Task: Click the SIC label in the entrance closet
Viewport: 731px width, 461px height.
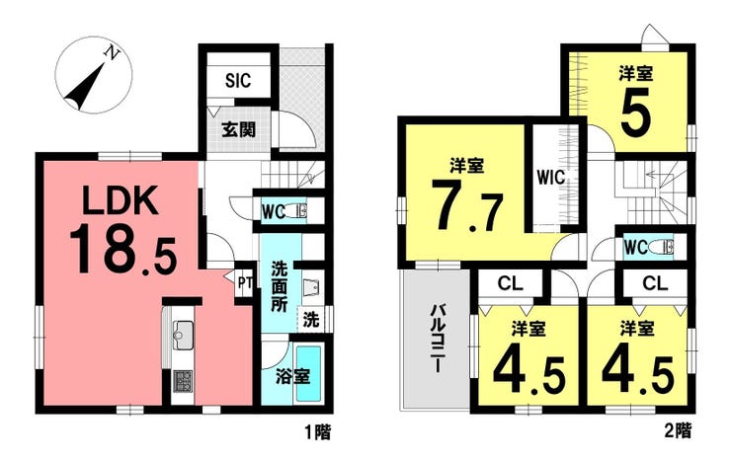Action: (238, 80)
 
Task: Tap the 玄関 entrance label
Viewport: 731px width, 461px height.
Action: (239, 129)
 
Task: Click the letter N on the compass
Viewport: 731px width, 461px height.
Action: (112, 52)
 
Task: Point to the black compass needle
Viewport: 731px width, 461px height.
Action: (85, 86)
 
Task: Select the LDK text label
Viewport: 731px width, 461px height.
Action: (120, 199)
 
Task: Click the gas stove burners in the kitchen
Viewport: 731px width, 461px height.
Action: (183, 380)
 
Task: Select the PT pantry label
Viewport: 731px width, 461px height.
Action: (245, 283)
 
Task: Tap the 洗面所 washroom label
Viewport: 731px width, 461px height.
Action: (279, 286)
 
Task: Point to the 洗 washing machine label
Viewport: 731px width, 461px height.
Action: (311, 320)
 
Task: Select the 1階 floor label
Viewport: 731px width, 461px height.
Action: (318, 432)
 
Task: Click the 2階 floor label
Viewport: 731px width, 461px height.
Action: (679, 430)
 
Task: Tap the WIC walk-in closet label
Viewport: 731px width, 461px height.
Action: (550, 178)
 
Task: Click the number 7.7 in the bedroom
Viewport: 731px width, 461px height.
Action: (466, 205)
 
